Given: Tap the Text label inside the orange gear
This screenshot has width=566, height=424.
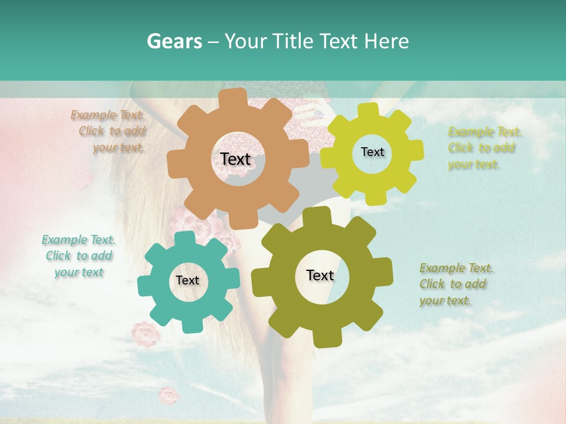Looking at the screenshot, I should pos(235,159).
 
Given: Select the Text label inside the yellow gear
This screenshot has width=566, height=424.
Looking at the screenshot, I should pos(372,152).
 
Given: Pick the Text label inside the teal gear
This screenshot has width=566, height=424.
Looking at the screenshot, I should pos(187,281).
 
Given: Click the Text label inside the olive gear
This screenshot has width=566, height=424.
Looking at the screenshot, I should pos(320,276).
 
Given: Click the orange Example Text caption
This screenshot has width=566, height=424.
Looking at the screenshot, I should pos(108,131).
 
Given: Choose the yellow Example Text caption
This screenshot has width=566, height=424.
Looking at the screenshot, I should pos(483,148).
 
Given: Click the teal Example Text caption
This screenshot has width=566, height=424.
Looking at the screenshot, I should pos(78,256).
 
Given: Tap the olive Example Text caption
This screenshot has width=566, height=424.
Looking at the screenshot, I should pos(455,284).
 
